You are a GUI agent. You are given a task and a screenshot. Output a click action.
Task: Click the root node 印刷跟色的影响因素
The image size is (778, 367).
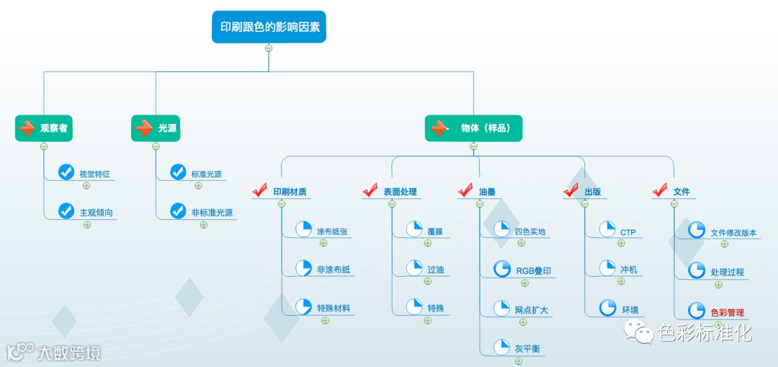tap(269, 27)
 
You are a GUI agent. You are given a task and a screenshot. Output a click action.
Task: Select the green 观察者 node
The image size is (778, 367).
tap(45, 128)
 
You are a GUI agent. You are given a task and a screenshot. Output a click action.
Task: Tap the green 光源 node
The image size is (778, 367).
tap(156, 128)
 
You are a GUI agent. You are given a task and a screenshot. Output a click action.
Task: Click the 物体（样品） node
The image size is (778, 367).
tap(473, 128)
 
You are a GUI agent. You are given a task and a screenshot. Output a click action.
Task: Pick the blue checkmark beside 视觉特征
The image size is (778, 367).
tap(66, 172)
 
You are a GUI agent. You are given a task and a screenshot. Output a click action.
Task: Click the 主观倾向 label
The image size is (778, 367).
tap(96, 213)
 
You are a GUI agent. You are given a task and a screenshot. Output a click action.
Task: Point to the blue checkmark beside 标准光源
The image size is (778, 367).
tap(178, 172)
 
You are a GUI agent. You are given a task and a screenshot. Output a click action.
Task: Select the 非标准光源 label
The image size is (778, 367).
tap(212, 213)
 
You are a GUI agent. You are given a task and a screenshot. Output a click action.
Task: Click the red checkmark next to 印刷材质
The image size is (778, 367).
tap(260, 191)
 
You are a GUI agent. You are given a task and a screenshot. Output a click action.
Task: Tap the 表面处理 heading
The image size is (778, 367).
tap(400, 192)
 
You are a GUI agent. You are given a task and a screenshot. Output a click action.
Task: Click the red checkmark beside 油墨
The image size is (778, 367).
tap(465, 191)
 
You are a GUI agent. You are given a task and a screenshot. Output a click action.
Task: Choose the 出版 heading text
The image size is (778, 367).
tap(593, 192)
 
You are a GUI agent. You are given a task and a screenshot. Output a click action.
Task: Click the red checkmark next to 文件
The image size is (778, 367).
tap(660, 191)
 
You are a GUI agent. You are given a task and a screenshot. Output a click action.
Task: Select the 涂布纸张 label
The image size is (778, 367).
tap(334, 231)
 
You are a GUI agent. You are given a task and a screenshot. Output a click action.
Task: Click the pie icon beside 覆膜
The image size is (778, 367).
tap(414, 230)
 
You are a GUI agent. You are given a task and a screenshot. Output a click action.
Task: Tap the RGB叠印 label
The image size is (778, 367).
tap(533, 271)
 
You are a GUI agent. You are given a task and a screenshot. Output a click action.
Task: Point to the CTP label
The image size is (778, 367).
tap(627, 231)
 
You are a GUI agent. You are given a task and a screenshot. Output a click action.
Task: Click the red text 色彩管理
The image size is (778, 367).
tap(727, 312)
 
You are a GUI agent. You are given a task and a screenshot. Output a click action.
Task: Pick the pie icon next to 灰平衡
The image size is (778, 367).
tap(501, 347)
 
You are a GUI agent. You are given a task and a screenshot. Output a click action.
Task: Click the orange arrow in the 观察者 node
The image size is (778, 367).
tap(26, 128)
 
